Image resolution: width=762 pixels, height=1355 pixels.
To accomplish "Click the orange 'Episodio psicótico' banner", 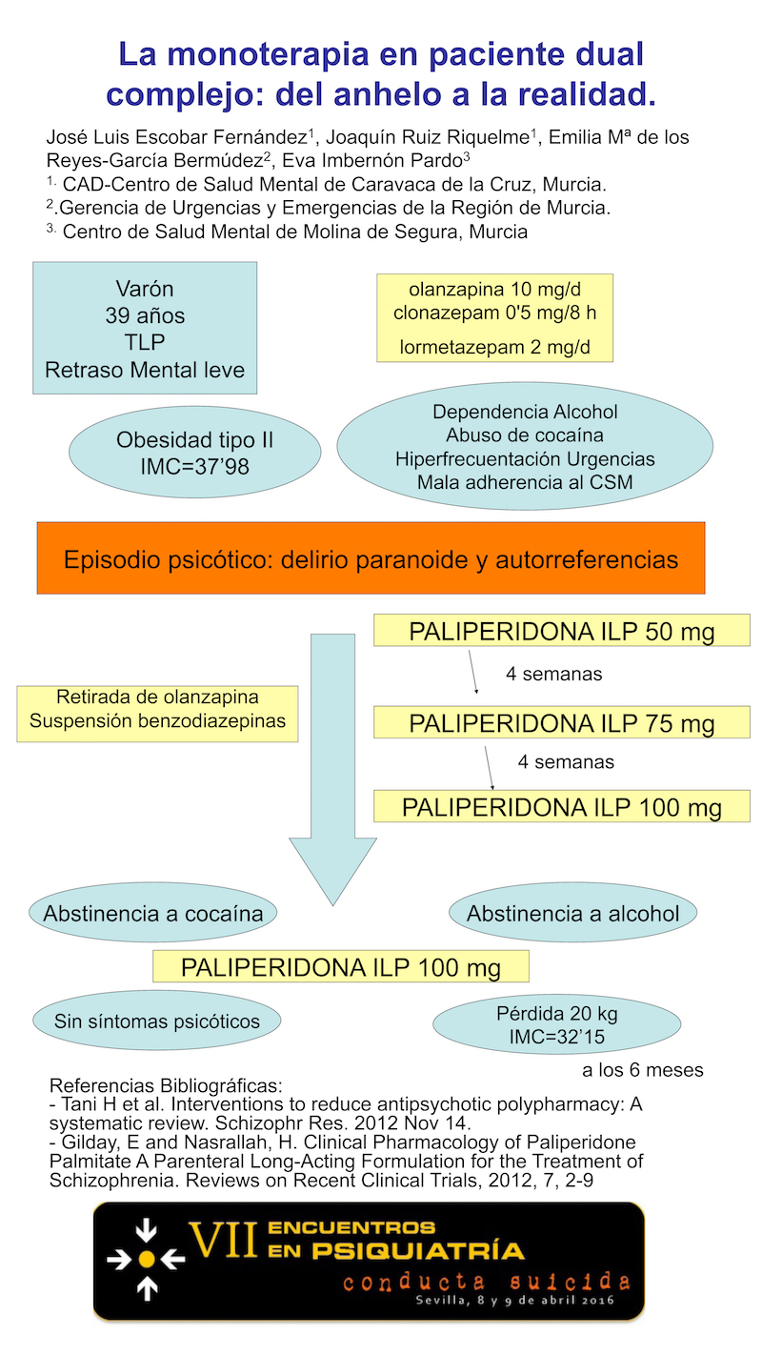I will (371, 557).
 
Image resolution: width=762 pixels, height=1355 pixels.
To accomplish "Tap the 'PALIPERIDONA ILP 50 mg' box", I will (562, 631).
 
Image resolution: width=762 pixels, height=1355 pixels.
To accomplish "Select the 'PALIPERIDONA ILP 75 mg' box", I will (562, 723).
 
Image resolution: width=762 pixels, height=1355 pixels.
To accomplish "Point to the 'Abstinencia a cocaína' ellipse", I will (153, 913).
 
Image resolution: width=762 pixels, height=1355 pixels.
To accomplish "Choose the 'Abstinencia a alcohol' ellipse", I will (572, 914).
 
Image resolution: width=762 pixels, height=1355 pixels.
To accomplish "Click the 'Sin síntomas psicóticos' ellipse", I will (157, 1021).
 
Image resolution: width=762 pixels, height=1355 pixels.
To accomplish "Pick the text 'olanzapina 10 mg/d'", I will (494, 289).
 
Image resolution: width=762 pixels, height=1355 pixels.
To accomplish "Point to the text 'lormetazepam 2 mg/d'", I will (494, 346).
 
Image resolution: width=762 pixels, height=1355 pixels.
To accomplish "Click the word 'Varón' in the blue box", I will (145, 289).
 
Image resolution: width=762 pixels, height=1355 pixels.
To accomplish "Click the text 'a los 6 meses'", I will (643, 1070).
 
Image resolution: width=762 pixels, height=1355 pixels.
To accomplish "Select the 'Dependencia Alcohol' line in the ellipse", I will (525, 413).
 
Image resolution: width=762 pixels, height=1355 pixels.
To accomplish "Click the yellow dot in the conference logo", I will (146, 1259).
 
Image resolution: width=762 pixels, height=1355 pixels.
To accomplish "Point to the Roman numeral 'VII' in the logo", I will (224, 1241).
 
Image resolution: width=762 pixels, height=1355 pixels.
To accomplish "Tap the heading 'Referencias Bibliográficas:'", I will (166, 1085).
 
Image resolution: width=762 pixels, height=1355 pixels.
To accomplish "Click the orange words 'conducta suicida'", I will (487, 1282).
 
